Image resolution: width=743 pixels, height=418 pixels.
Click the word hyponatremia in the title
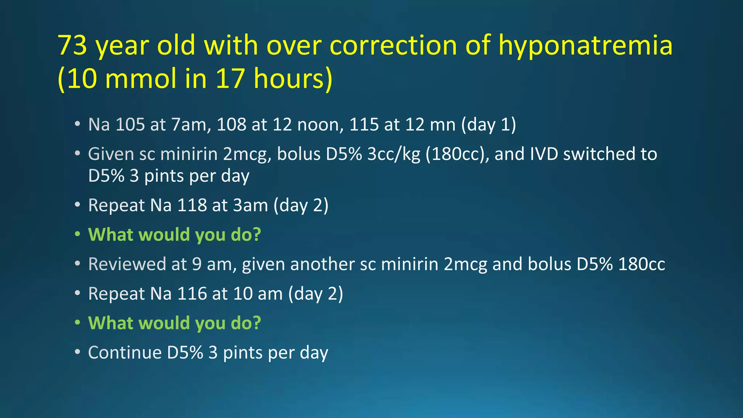point(585,46)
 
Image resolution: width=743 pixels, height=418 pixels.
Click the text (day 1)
point(488,124)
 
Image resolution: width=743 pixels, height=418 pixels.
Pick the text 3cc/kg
point(394,154)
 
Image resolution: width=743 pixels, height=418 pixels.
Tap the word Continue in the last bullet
point(125,353)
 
